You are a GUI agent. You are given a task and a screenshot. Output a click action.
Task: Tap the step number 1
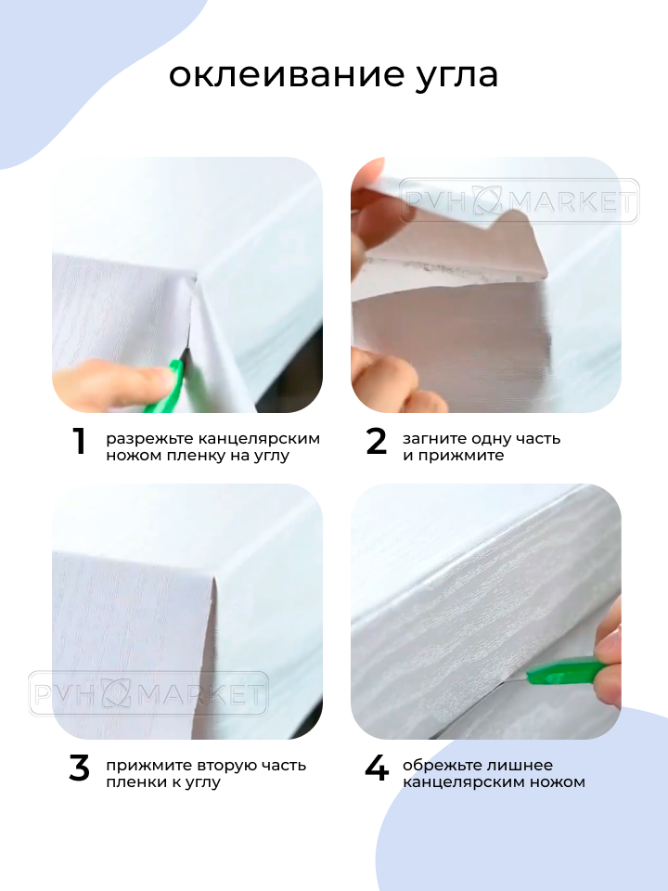pyautogui.click(x=80, y=442)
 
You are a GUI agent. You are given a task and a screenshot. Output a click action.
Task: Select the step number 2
pyautogui.click(x=376, y=442)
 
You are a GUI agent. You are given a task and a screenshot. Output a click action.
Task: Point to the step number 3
pyautogui.click(x=80, y=768)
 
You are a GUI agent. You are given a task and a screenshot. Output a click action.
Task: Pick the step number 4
pyautogui.click(x=377, y=768)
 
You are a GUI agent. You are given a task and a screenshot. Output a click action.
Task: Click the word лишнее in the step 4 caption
pyautogui.click(x=522, y=766)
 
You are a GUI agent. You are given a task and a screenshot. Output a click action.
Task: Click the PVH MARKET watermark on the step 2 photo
pyautogui.click(x=520, y=201)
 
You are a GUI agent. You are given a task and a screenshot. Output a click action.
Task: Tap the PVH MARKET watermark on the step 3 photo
pyautogui.click(x=148, y=692)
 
